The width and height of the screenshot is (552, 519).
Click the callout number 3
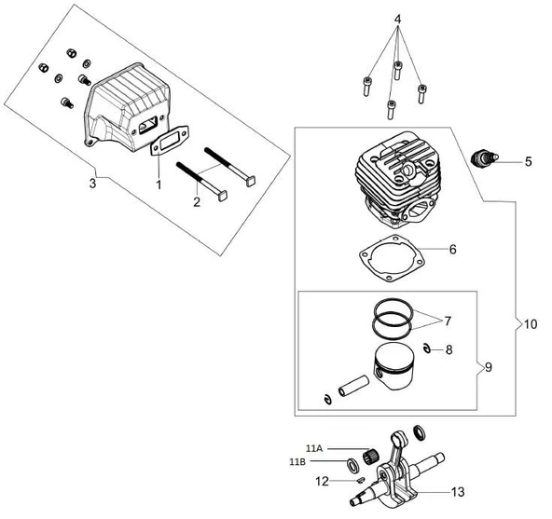(92, 183)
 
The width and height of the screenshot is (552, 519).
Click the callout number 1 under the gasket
(159, 184)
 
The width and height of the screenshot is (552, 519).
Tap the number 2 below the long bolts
(197, 202)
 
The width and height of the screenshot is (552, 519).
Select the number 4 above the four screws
(397, 19)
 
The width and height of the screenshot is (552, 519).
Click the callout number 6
(453, 249)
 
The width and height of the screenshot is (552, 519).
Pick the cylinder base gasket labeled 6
(391, 259)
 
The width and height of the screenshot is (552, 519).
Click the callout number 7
(448, 321)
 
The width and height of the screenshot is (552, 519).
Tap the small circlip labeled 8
(427, 348)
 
